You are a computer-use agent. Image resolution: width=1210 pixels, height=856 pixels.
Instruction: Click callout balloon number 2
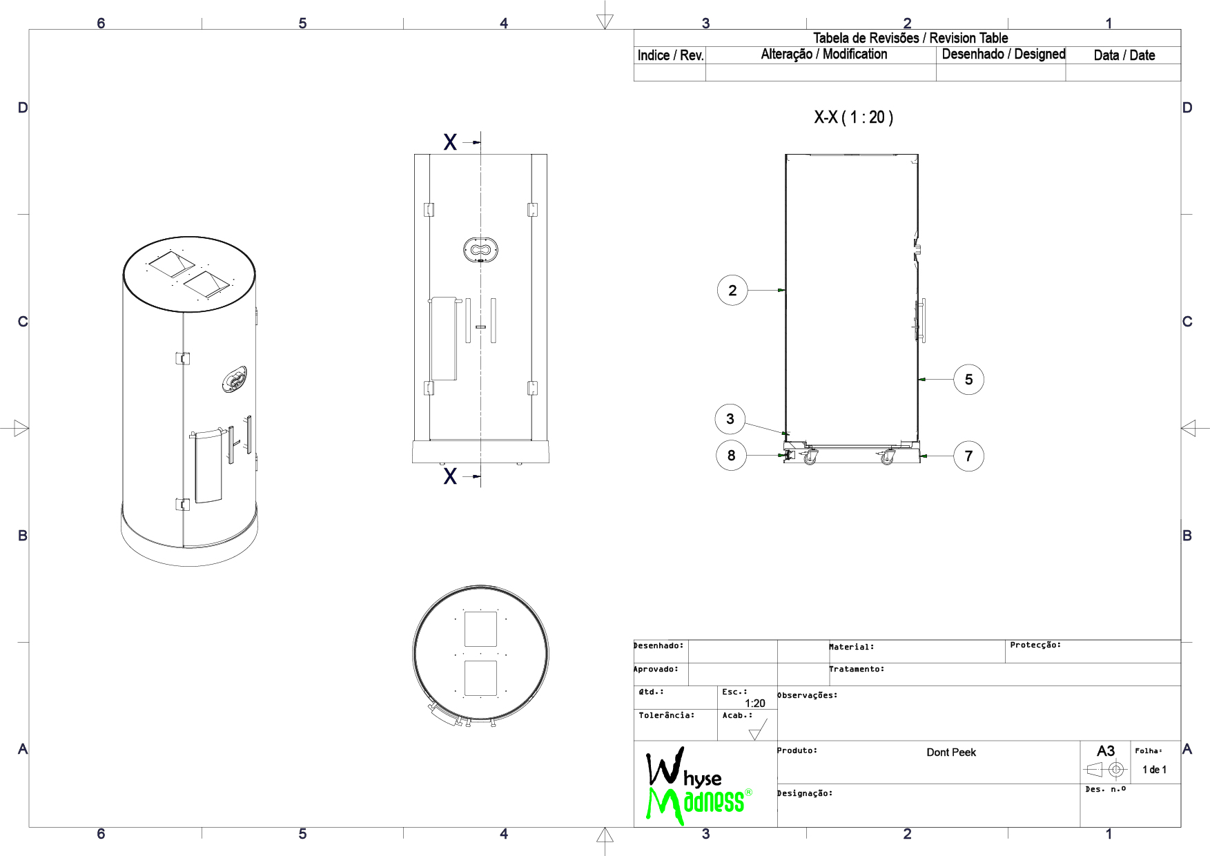coord(732,291)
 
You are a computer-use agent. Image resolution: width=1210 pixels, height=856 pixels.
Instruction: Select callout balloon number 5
coord(968,380)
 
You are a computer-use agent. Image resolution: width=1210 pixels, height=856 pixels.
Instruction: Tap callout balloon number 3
coord(730,419)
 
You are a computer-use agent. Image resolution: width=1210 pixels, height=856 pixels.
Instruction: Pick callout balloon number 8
coord(731,456)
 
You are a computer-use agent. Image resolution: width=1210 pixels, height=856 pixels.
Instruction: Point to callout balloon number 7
coord(968,456)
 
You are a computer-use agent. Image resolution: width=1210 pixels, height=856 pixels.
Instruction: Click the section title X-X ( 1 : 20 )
coord(853,117)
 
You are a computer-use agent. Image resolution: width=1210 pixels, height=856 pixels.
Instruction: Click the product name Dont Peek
coord(951,752)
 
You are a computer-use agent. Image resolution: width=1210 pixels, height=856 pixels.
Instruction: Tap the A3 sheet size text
coord(1106,751)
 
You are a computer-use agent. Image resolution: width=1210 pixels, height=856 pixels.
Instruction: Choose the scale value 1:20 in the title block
coord(755,703)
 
